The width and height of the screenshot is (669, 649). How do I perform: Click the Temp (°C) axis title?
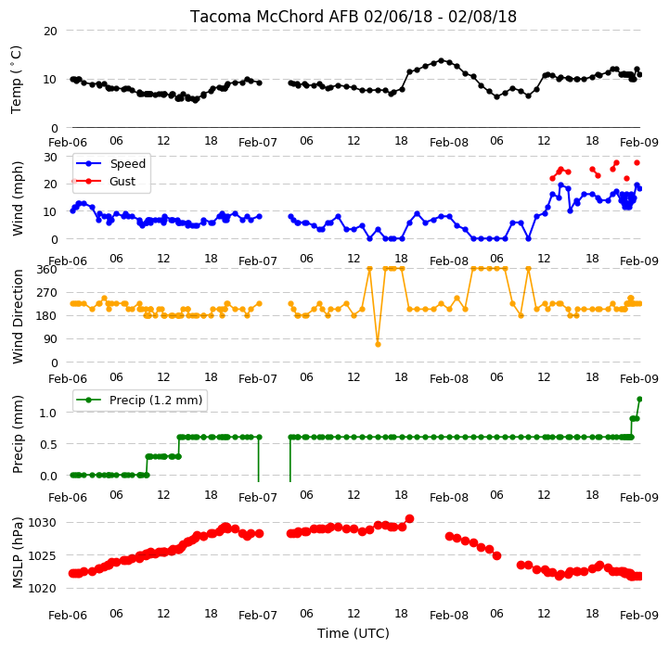[16, 80]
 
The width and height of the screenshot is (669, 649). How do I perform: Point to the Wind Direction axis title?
[18, 316]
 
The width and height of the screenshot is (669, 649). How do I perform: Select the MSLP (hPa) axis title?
[17, 553]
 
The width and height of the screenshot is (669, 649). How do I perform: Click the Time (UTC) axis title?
[354, 633]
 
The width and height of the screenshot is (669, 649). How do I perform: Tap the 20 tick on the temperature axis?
[50, 32]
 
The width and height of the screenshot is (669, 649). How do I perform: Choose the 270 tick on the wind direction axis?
[47, 293]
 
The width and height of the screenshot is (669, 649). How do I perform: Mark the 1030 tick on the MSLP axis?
[43, 522]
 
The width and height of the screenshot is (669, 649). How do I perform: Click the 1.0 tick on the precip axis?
[48, 413]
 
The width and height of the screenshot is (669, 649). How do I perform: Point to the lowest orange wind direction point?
[378, 344]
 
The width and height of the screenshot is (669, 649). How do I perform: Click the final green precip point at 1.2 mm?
[639, 399]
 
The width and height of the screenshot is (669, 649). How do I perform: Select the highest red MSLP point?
[409, 518]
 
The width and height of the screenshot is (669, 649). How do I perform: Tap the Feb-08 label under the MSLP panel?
[449, 616]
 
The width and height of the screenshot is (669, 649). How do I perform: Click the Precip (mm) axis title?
[17, 435]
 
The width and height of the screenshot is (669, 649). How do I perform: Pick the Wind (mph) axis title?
[17, 198]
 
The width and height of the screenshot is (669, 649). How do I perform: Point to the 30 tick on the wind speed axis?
[50, 158]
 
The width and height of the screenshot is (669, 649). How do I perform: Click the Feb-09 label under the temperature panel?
[638, 143]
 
